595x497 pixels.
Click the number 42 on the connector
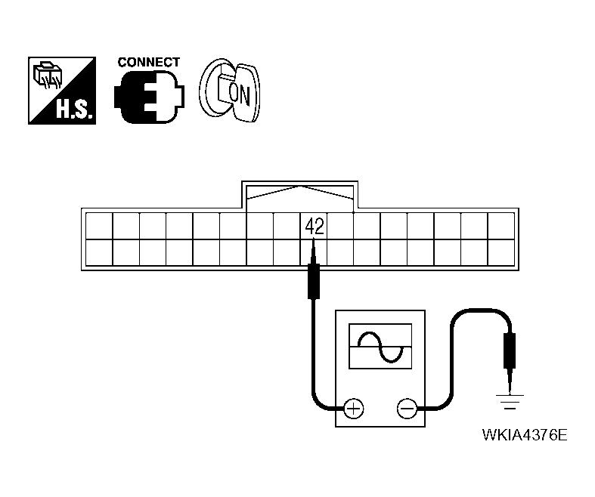point(315,227)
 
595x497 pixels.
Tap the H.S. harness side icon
point(61,91)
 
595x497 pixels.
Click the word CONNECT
point(149,63)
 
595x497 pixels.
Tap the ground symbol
point(511,400)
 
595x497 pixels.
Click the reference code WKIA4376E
point(525,436)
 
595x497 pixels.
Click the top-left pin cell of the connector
point(99,226)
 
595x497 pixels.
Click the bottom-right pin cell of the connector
point(500,252)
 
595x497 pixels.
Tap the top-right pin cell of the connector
point(500,226)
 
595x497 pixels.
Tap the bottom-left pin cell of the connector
point(99,252)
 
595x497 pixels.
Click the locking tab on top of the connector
point(300,193)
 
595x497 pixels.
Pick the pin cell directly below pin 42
point(315,252)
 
